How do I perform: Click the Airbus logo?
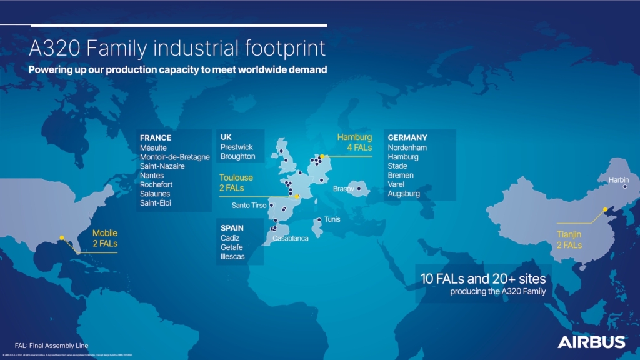pos(591,342)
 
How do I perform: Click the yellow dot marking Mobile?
pos(62,237)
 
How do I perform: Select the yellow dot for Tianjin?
pos(604,209)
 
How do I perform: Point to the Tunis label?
pos(332,219)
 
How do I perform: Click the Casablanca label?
pos(291,238)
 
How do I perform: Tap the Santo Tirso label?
pos(249,205)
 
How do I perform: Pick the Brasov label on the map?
pos(343,188)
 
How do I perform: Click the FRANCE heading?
pos(156,138)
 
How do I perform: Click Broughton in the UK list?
pos(237,156)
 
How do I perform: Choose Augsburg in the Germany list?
pos(404,194)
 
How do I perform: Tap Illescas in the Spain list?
pos(232,257)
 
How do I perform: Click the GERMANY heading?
pos(407,138)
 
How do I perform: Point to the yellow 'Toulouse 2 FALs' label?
pos(236,182)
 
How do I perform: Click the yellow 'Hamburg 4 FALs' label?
pos(354,142)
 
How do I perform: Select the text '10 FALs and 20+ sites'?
pos(484,279)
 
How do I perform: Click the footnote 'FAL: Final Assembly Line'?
pos(51,346)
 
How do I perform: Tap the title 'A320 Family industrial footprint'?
pos(177,48)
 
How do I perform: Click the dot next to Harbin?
pos(625,186)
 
